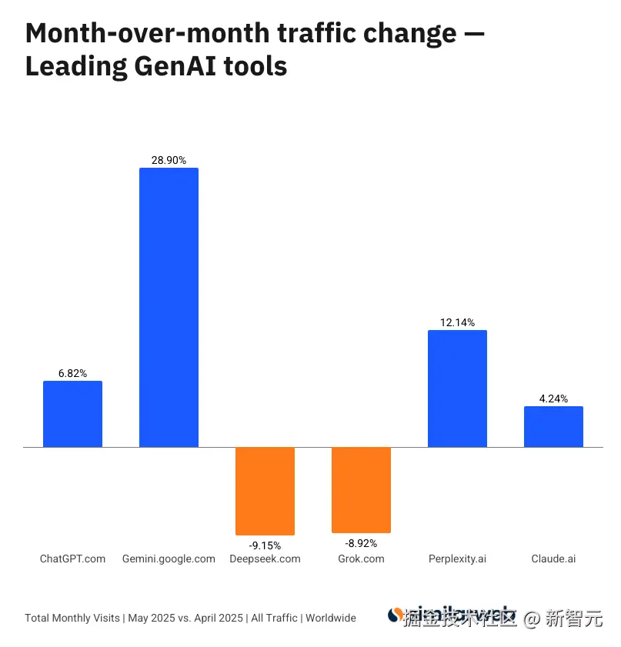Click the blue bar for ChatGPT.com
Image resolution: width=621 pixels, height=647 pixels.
[x=72, y=414]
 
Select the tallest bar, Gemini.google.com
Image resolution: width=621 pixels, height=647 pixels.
[x=169, y=307]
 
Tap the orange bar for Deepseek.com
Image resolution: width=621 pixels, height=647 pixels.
[x=265, y=491]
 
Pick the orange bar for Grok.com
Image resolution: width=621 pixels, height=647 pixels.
[x=361, y=489]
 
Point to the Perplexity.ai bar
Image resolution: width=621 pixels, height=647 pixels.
[x=457, y=389]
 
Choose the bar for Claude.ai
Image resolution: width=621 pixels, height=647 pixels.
[x=553, y=426]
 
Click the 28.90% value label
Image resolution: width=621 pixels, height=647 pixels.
[x=169, y=160]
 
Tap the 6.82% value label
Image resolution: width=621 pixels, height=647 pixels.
[x=72, y=373]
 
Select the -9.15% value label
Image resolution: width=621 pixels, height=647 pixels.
[x=265, y=545]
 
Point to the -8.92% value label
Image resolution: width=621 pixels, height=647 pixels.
[x=361, y=542]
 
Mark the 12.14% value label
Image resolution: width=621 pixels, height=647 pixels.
[x=457, y=322]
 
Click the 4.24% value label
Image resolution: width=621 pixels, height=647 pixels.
[x=553, y=399]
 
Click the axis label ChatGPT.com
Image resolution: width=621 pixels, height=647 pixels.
[x=72, y=559]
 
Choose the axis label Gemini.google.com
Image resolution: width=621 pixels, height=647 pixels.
[x=169, y=559]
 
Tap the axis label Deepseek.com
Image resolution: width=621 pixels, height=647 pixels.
[x=265, y=559]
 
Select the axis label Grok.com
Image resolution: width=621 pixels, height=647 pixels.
[x=361, y=559]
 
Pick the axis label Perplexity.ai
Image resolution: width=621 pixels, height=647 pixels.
[x=457, y=559]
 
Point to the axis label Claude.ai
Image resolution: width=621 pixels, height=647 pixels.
[x=553, y=559]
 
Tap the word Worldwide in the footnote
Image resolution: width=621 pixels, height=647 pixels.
[x=331, y=618]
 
